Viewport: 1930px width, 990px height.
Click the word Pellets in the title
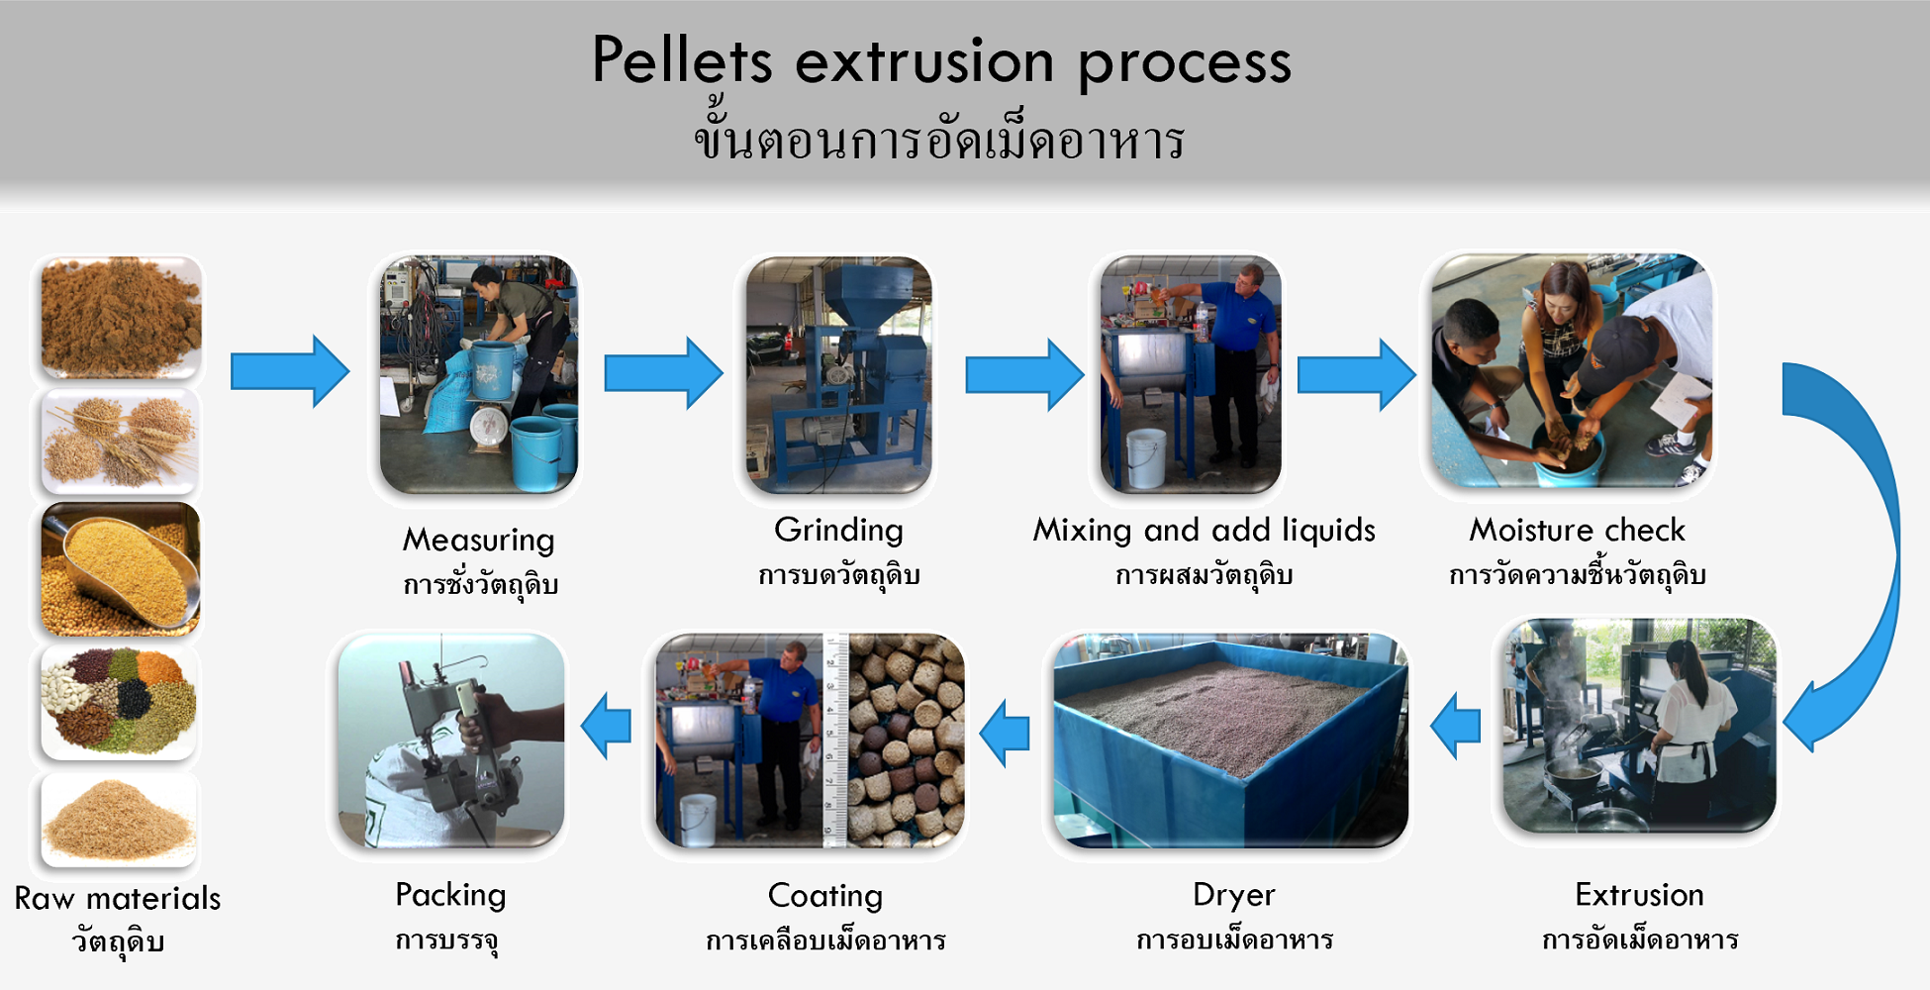(x=682, y=60)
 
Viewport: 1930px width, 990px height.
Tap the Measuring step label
(x=478, y=540)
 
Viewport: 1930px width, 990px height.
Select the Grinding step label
(x=838, y=531)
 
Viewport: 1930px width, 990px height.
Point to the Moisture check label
(x=1577, y=530)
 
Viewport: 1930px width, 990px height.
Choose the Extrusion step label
(x=1639, y=895)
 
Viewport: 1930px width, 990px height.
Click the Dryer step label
(x=1233, y=896)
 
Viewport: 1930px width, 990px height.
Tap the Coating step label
(x=825, y=897)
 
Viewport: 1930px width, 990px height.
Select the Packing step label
(x=450, y=896)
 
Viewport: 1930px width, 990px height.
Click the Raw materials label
(x=118, y=898)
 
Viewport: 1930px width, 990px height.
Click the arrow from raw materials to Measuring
(x=290, y=371)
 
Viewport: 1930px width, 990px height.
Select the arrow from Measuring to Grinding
(x=663, y=373)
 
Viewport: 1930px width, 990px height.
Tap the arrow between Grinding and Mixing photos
(x=1024, y=375)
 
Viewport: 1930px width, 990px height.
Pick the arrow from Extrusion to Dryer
(x=1456, y=726)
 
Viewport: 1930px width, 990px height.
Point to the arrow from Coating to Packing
(x=606, y=726)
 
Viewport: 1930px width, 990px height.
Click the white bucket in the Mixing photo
(x=1145, y=457)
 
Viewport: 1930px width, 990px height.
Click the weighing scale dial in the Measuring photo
(x=490, y=427)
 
